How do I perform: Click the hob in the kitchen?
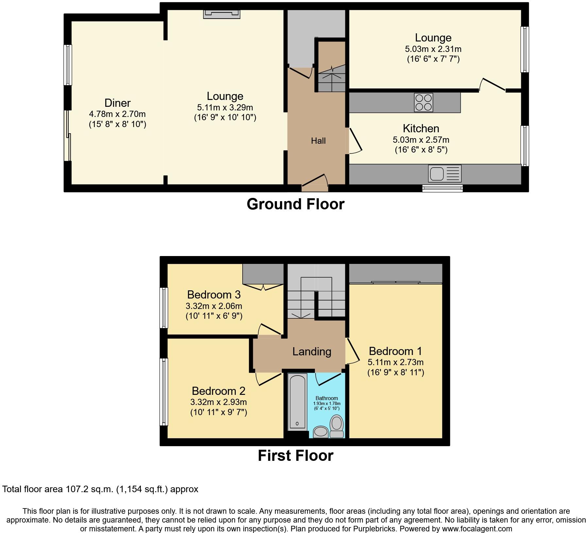coord(423,103)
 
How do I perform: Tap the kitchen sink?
coord(445,173)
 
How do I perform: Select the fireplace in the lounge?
coord(222,14)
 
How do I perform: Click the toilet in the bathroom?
coord(336,426)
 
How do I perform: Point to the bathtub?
coord(297,402)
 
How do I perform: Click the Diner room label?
coord(117,103)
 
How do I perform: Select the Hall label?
coord(318,141)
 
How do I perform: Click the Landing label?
coord(312,352)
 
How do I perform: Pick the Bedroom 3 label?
coord(214,295)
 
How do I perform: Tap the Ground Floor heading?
coord(296,204)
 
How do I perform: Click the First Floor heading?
coord(296,456)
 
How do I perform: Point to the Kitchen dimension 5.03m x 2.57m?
coord(421,140)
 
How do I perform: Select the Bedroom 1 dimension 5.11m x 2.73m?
coord(396,362)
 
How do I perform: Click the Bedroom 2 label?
coord(218,391)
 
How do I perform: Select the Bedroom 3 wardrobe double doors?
coord(263,287)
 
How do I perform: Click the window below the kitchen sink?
coord(442,188)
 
